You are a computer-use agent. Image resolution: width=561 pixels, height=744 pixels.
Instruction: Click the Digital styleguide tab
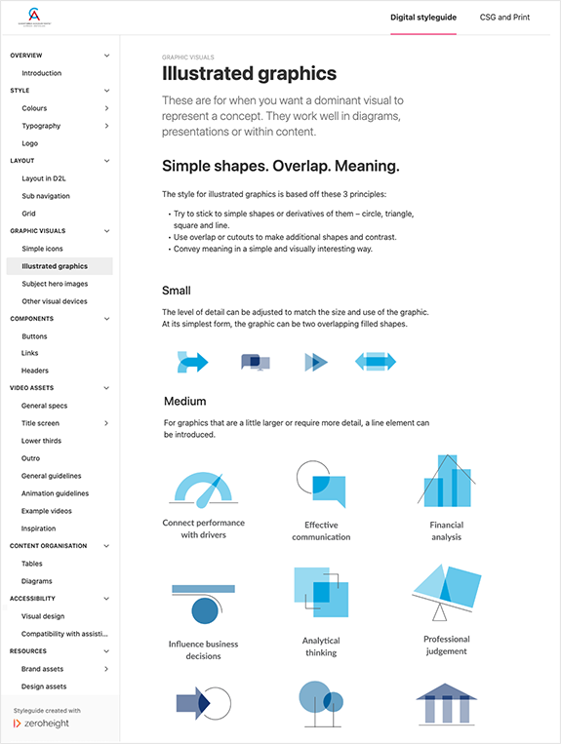pyautogui.click(x=423, y=18)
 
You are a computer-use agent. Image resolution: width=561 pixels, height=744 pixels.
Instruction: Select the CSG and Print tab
pyautogui.click(x=506, y=18)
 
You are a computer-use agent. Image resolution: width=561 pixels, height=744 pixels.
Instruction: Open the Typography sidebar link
pyautogui.click(x=41, y=126)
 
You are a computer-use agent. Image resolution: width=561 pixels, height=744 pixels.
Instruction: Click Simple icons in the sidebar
pyautogui.click(x=42, y=249)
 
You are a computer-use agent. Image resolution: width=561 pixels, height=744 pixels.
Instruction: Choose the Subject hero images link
pyautogui.click(x=55, y=284)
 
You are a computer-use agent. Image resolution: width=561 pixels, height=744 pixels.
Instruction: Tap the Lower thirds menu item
pyautogui.click(x=41, y=441)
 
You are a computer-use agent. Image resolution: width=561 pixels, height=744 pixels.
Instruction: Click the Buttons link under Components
pyautogui.click(x=34, y=336)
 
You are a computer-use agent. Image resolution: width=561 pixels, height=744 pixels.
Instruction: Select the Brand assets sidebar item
pyautogui.click(x=44, y=669)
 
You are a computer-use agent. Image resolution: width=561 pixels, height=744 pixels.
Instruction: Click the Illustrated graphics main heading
pyautogui.click(x=249, y=73)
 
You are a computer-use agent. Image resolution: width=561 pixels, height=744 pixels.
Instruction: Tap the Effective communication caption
pyautogui.click(x=321, y=530)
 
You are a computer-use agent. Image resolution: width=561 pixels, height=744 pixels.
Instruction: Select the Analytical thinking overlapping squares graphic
pyautogui.click(x=321, y=593)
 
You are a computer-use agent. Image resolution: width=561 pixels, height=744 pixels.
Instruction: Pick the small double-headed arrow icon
pyautogui.click(x=375, y=362)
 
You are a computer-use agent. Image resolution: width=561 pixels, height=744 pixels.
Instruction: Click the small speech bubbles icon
pyautogui.click(x=255, y=362)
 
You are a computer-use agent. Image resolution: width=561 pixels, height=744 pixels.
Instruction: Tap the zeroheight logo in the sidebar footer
pyautogui.click(x=48, y=724)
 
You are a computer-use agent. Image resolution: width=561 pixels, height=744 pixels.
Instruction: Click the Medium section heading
pyautogui.click(x=184, y=401)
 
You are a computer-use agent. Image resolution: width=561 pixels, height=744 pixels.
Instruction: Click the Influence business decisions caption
pyautogui.click(x=203, y=649)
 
